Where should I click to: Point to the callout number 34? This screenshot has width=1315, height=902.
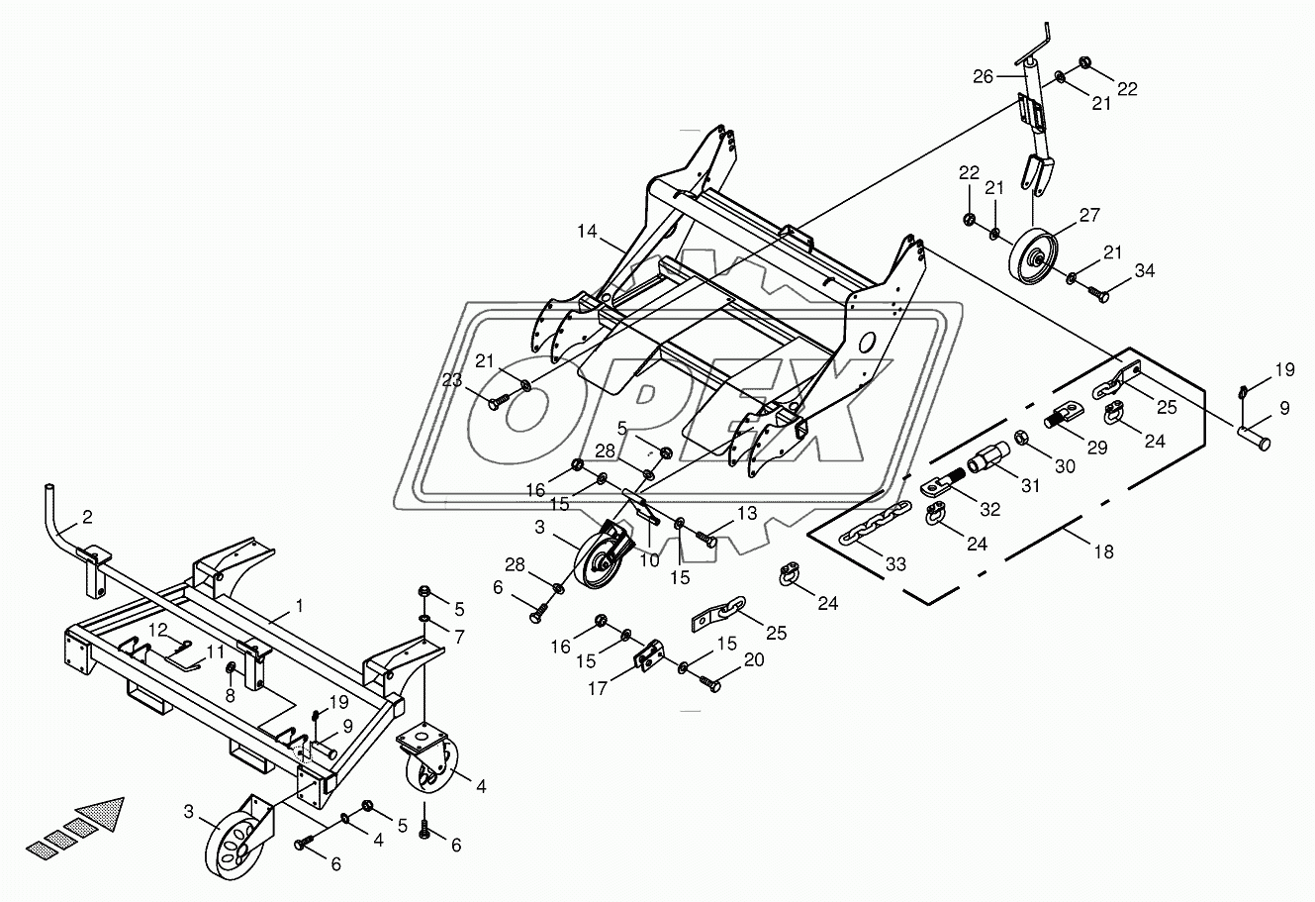(1144, 271)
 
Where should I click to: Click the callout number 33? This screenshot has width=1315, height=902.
(895, 564)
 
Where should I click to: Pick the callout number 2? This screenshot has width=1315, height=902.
(87, 517)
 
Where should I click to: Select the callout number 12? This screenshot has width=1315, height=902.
(159, 631)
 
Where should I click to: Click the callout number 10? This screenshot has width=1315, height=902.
(648, 560)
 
